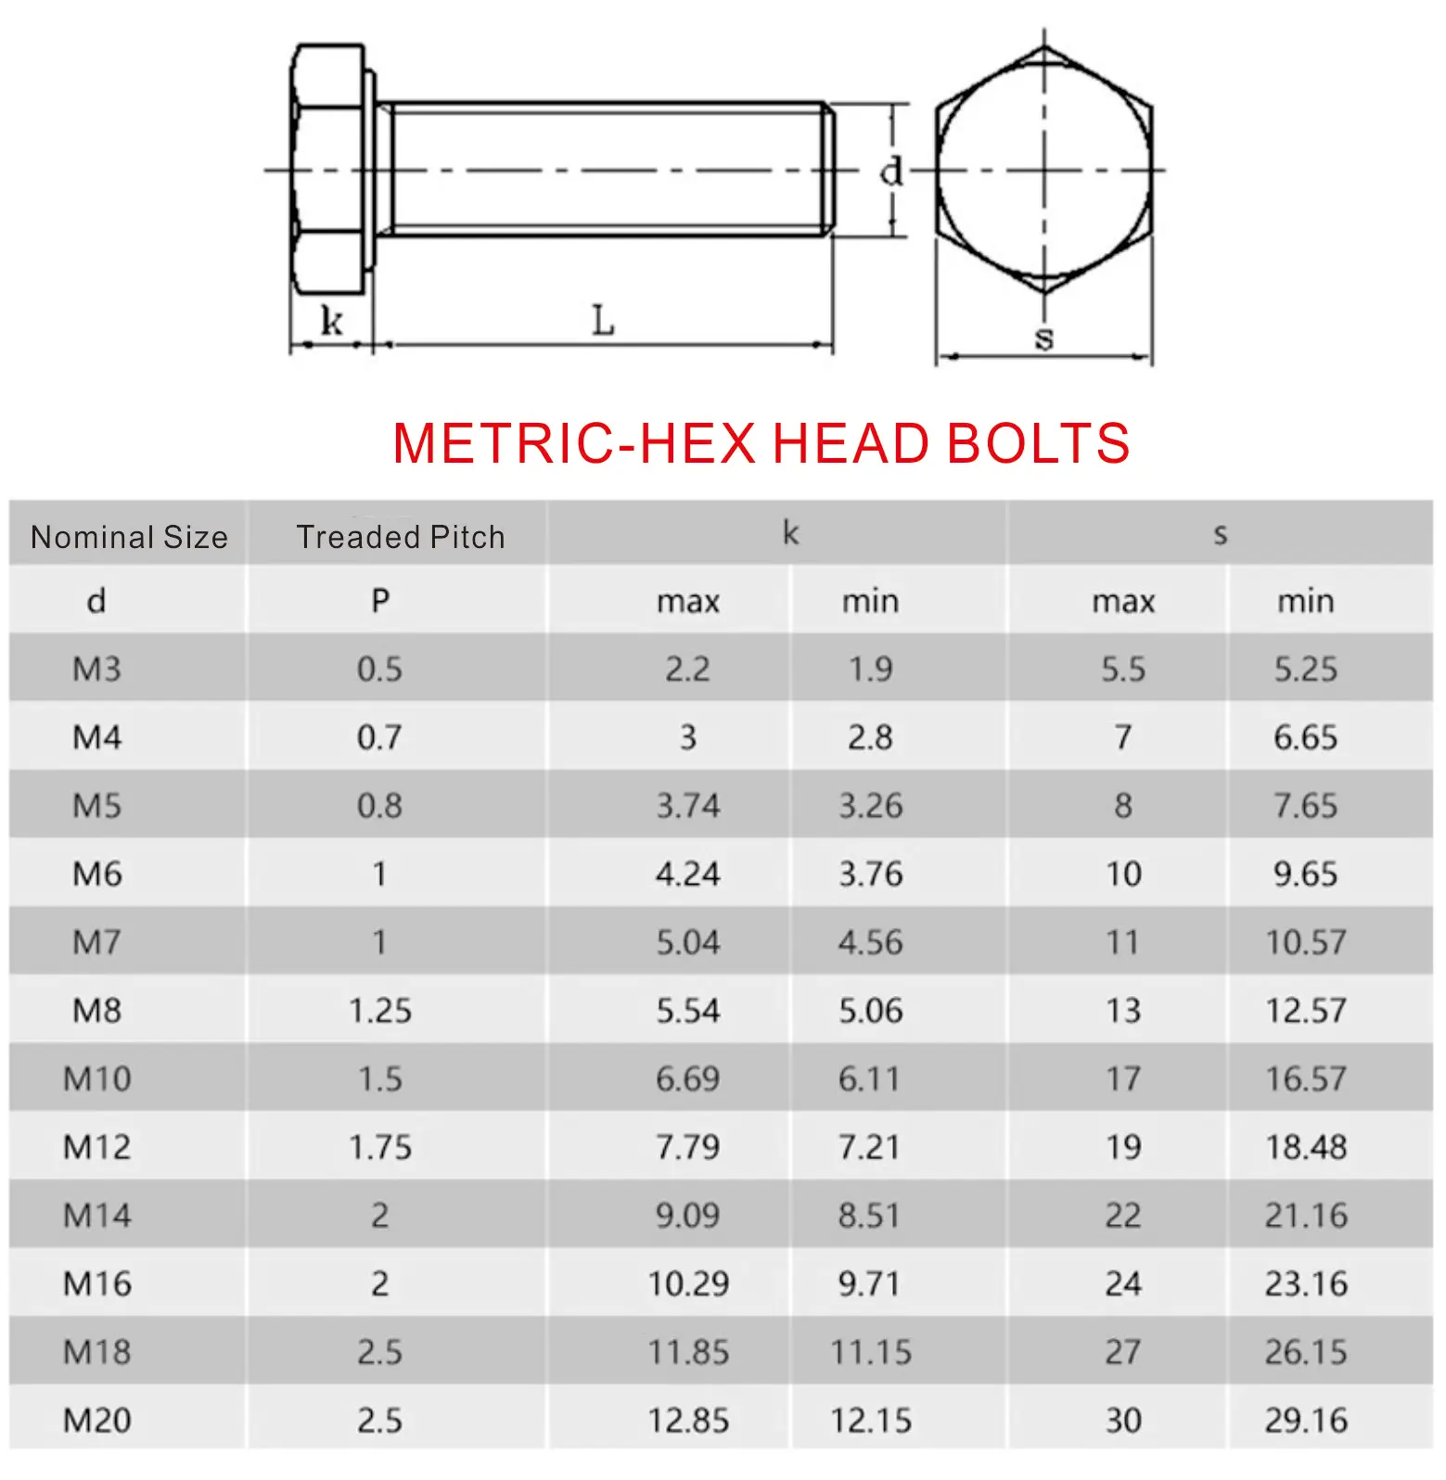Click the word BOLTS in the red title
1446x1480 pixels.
tap(1038, 443)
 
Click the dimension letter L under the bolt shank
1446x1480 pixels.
tap(603, 321)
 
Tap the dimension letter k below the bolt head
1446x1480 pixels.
tap(331, 321)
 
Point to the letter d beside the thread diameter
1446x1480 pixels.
tap(890, 171)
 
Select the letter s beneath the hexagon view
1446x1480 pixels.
tap(1044, 338)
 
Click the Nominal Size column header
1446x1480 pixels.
tap(129, 537)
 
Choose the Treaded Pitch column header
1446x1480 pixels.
tap(400, 537)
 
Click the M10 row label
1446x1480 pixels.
tap(97, 1078)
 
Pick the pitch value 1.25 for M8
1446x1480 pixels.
tap(380, 1011)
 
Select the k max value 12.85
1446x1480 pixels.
tap(688, 1420)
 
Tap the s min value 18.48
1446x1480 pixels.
tap(1306, 1147)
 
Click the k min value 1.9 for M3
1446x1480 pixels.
tap(870, 669)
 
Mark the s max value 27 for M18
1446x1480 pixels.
tap(1122, 1352)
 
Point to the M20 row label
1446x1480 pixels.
tap(97, 1420)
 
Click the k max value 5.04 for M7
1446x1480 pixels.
tap(688, 942)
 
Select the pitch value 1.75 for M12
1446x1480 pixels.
tap(380, 1147)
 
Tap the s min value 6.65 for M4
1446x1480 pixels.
tap(1306, 737)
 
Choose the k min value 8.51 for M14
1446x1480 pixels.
tap(869, 1215)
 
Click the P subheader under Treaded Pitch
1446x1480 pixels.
tap(380, 601)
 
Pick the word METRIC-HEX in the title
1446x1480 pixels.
tap(574, 443)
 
